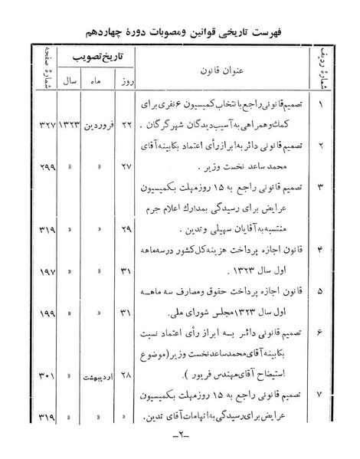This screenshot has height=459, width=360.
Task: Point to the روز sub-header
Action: coord(129,79)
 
